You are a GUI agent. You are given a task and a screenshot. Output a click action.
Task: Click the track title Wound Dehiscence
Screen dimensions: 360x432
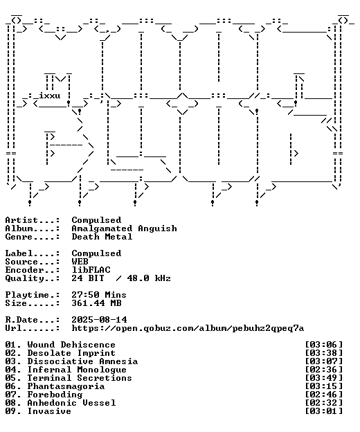coord(71,345)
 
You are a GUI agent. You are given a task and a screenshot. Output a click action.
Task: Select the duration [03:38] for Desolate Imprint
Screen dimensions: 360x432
coord(324,353)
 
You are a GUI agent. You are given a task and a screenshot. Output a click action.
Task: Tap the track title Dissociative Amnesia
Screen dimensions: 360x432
coord(82,361)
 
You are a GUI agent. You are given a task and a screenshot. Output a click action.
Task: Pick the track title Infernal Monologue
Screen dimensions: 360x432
coord(77,370)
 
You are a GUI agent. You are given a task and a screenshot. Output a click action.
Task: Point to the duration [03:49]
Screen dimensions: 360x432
coord(324,378)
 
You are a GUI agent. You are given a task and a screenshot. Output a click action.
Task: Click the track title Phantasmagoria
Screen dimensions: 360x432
coord(66,386)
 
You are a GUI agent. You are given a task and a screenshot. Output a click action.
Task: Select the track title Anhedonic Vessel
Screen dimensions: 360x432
coord(71,403)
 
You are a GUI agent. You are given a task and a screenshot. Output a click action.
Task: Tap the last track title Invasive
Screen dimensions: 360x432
coord(49,411)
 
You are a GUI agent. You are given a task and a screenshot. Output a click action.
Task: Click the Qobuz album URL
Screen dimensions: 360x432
coord(188,328)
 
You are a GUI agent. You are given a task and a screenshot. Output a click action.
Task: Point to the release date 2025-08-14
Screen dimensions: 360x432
coord(99,320)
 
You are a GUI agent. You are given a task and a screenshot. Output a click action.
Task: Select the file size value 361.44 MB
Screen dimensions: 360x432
coord(96,303)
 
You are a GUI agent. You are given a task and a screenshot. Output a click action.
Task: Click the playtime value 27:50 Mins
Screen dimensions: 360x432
coord(99,295)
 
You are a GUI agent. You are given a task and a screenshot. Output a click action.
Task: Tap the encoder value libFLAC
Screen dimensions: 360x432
coord(91,270)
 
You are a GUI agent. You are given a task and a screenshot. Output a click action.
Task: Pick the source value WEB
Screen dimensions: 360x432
coord(80,262)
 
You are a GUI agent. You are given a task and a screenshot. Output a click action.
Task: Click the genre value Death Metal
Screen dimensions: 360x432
coord(102,237)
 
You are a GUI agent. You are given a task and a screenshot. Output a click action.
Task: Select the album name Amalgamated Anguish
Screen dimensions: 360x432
coord(124,228)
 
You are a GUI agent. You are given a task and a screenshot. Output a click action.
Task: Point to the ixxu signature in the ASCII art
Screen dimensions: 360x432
coord(50,96)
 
